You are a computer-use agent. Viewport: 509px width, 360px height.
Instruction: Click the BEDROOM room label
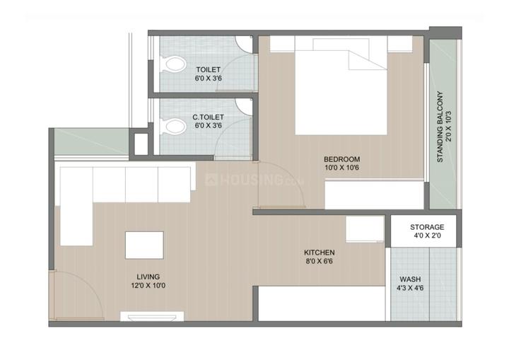(x=342, y=159)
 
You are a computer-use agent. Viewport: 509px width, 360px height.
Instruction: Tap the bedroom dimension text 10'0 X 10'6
(x=342, y=168)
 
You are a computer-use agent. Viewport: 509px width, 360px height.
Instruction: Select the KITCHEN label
(x=319, y=252)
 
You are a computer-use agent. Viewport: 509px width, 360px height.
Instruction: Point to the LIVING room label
(x=148, y=277)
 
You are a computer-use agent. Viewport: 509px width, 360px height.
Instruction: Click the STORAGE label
(x=427, y=227)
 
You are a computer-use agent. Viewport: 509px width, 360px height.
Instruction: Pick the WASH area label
(x=410, y=279)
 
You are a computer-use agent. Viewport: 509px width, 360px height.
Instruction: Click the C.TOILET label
(x=208, y=117)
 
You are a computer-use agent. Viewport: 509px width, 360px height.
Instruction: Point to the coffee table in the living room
(x=144, y=245)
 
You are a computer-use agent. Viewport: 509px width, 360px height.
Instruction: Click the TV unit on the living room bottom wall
(x=152, y=316)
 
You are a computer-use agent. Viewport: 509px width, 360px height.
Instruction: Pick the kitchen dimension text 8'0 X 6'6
(x=319, y=261)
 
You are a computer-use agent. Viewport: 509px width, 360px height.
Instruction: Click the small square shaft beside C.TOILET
(x=141, y=144)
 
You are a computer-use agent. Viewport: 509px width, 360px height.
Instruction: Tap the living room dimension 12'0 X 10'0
(x=148, y=286)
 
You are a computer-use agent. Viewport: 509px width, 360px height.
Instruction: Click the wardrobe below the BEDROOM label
(x=374, y=195)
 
